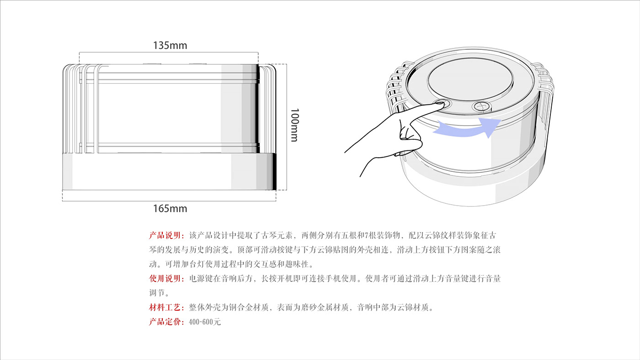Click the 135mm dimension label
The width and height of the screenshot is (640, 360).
(x=170, y=46)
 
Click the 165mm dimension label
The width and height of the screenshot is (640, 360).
(x=170, y=209)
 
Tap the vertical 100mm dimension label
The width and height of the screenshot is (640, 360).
(x=294, y=125)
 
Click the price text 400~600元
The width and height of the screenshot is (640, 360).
(x=205, y=322)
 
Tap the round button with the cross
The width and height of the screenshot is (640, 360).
(x=481, y=106)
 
